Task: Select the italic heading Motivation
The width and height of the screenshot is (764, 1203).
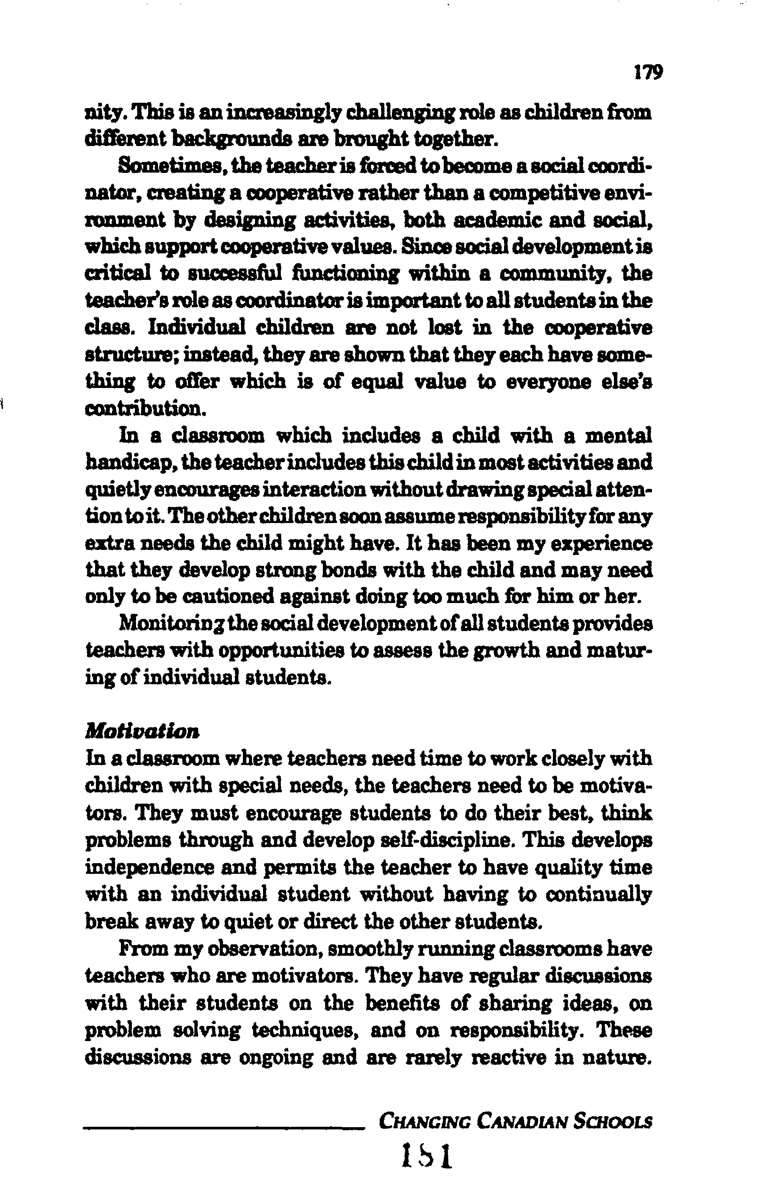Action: pyautogui.click(x=142, y=732)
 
